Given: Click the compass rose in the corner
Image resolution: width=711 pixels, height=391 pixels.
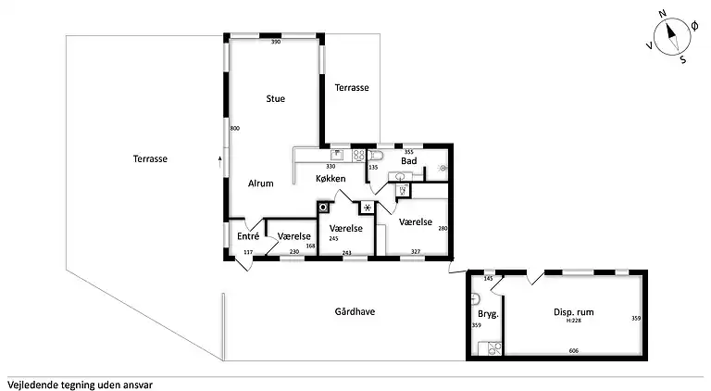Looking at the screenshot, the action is tap(672, 37).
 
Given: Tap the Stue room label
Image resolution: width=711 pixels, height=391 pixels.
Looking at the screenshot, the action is tap(276, 98).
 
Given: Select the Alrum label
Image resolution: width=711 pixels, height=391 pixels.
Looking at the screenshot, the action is tap(261, 183).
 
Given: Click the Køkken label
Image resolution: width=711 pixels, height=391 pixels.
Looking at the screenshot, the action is tap(331, 178).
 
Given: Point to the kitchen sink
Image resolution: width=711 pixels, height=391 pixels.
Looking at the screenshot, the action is tap(336, 155).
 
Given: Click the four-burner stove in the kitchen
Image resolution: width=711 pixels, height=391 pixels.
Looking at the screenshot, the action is tap(359, 155).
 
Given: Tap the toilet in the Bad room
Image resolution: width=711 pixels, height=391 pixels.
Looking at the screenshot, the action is tap(375, 156).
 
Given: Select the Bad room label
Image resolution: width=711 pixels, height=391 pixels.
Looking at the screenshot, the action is tap(408, 161).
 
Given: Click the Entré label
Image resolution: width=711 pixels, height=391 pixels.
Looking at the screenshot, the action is tap(248, 236).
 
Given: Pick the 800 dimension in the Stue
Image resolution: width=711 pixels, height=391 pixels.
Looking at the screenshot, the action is tap(235, 129).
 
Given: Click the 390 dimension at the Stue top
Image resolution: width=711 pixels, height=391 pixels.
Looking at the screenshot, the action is tap(276, 42).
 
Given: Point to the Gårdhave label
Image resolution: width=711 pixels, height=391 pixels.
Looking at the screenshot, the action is tap(355, 311).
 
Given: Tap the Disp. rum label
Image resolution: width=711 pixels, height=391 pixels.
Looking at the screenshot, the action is tap(574, 312).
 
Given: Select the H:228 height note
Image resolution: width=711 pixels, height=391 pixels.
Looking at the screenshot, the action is tap(574, 321).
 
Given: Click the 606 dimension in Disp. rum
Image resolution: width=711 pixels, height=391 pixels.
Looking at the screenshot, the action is tap(574, 350).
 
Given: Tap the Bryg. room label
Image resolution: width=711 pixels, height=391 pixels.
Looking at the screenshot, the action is tap(489, 314).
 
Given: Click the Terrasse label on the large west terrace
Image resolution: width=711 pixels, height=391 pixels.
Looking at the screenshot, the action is tap(150, 158).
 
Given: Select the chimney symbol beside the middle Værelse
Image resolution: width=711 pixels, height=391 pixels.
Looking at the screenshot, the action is tap(323, 208).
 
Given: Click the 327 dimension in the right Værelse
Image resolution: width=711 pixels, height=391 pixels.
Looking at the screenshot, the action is tap(416, 251).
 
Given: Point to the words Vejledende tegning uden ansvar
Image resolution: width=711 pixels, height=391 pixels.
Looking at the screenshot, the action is tap(80, 385).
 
